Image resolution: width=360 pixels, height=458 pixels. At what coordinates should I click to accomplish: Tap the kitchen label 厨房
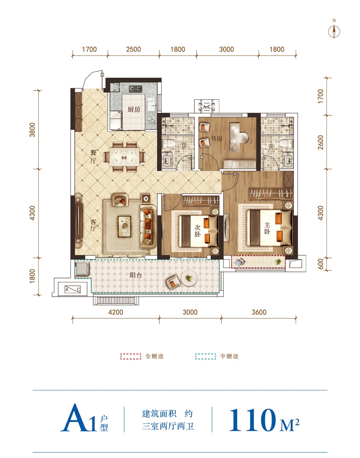point(134,110)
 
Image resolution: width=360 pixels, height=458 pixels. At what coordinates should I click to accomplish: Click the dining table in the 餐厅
point(124,157)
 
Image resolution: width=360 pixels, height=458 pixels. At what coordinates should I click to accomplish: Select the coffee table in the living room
point(125,226)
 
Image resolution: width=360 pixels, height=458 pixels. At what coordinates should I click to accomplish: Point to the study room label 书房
point(216,138)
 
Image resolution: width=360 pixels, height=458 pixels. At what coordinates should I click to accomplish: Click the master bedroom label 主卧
point(267,228)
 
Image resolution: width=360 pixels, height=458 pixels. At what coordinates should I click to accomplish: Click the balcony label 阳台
point(136,275)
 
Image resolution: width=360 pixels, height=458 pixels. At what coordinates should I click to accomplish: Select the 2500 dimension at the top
point(133,49)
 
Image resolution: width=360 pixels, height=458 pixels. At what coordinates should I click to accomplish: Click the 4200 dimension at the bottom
point(116,312)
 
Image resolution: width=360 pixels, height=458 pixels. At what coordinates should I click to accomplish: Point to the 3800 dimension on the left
point(32,130)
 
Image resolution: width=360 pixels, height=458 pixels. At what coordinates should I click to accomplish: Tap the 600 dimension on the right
point(320,264)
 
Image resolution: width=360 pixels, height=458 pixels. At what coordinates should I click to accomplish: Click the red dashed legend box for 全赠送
point(131,356)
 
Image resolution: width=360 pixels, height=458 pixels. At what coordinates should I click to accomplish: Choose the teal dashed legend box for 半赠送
point(206,356)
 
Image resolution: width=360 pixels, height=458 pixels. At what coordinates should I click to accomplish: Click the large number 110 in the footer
point(252,420)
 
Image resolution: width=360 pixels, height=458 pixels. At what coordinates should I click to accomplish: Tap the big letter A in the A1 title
point(74,418)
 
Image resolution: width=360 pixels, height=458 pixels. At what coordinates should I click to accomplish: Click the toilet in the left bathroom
point(168,143)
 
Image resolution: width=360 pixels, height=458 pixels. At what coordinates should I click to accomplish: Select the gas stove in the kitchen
point(135,88)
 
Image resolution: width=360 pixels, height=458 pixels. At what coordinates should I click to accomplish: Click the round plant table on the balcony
point(189,278)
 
